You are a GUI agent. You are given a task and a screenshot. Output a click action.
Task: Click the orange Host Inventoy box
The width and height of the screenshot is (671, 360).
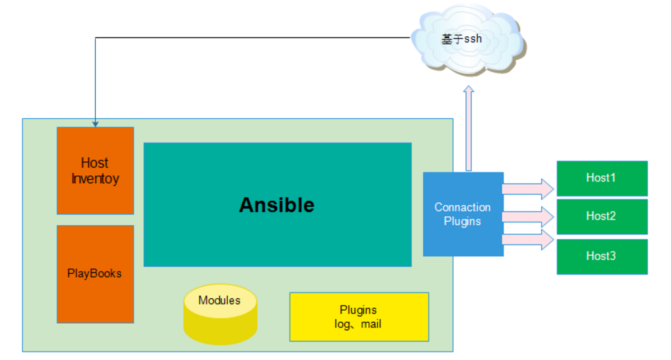tap(95, 170)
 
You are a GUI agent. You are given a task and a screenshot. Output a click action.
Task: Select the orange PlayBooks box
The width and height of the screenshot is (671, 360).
tap(95, 274)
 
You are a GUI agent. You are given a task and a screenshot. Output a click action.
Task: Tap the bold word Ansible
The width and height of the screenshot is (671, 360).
tap(276, 205)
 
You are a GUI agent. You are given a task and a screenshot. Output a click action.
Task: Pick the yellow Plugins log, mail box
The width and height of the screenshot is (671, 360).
tap(358, 317)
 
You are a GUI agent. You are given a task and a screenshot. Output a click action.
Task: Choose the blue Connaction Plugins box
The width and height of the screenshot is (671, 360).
tap(463, 214)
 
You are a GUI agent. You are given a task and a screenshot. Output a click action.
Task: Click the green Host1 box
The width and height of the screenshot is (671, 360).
tap(602, 178)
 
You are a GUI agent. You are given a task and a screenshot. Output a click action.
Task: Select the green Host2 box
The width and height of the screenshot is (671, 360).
tap(602, 216)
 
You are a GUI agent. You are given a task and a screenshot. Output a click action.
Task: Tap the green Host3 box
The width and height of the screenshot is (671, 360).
tap(602, 256)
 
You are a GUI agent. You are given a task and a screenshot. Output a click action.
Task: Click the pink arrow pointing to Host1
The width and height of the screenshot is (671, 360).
tap(527, 188)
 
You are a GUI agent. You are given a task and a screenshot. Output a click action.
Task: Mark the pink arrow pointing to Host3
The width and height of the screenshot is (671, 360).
tap(527, 240)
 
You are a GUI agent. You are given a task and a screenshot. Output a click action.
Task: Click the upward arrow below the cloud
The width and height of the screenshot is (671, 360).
tap(469, 129)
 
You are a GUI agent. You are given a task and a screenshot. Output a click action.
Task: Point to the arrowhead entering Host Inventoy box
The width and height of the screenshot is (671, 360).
tap(95, 124)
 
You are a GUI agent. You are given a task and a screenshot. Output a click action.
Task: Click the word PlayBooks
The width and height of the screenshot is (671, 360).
tap(94, 274)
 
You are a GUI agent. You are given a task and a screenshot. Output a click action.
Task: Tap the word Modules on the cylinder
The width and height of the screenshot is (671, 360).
tap(219, 301)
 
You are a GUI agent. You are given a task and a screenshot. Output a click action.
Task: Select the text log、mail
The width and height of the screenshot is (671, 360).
tap(358, 324)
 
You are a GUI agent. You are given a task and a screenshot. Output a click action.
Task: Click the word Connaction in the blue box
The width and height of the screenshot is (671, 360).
tap(463, 207)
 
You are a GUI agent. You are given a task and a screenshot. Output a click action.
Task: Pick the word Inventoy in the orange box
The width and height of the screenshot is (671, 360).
tap(95, 179)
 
